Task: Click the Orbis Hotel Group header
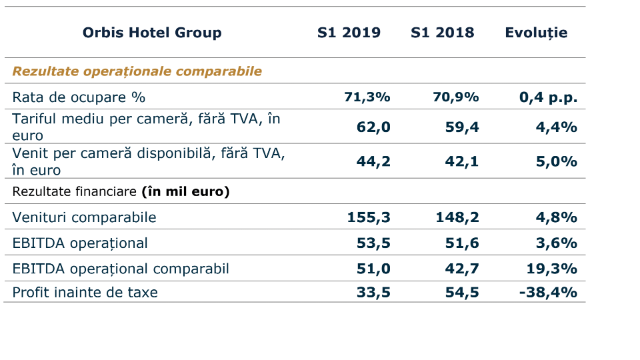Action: pos(152,33)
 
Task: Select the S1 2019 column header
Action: pos(349,33)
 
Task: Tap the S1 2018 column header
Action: pos(443,33)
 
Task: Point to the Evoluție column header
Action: pos(536,33)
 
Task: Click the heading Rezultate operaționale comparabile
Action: pos(137,71)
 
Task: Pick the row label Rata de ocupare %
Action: pos(79,97)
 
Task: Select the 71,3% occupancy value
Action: pos(367,97)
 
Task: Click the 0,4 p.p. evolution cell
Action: pos(548,97)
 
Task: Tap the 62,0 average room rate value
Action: pos(373,127)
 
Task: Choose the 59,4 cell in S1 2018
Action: pos(462,127)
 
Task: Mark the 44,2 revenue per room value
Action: pos(373,162)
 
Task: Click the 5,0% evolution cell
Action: pos(557,162)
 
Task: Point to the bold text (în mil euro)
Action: pos(185,192)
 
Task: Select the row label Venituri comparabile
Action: pos(84,217)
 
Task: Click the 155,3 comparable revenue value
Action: pos(369,217)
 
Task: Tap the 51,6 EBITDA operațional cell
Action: pos(462,243)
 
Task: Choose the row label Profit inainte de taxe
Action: pos(85,292)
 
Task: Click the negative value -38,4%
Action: pos(548,292)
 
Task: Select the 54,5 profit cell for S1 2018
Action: pos(462,292)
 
